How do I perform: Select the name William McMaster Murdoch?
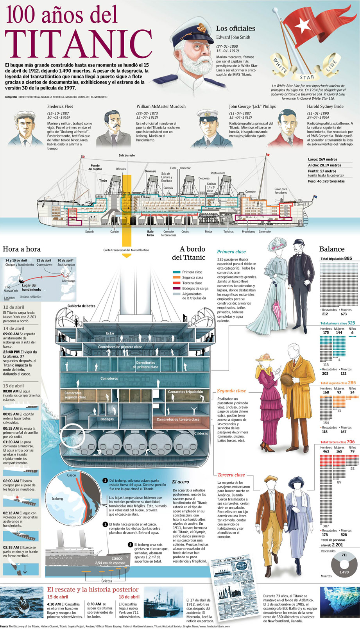point(161,106)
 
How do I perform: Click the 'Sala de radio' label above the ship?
point(127,155)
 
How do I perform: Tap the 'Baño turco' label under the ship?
point(150,233)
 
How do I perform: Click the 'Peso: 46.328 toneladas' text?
point(326,181)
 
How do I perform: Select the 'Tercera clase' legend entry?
point(192,283)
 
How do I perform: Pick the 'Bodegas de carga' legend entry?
point(195,288)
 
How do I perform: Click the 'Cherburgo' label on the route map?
point(68,281)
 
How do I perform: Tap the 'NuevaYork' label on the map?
point(11,291)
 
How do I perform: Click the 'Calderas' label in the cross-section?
point(201,433)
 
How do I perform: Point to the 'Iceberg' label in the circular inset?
point(57,499)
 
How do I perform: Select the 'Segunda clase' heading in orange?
point(231,391)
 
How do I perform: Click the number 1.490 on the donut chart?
point(344,572)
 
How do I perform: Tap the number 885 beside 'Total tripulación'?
point(348,258)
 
